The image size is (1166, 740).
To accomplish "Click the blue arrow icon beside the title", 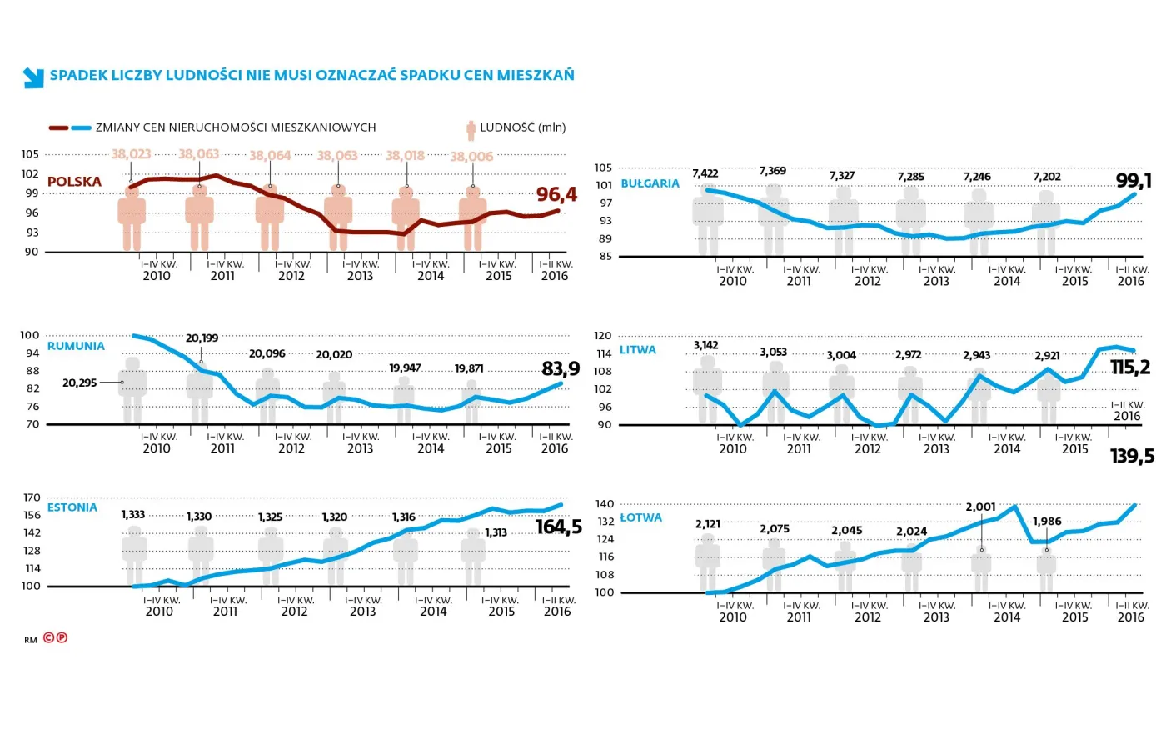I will (33, 77).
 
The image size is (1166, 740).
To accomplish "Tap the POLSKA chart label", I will (74, 182).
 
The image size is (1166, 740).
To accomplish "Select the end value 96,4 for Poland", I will (556, 195).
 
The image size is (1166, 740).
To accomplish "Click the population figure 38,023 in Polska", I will (131, 154).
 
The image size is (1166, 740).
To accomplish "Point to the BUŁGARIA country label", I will (650, 183).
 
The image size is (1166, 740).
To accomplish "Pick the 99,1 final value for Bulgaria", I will (1134, 181).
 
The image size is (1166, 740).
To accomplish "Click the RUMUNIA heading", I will (76, 346).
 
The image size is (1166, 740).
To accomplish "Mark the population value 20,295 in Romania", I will (80, 382).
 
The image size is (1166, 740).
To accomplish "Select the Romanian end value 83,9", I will (561, 368).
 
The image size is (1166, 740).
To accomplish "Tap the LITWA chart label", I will (637, 350).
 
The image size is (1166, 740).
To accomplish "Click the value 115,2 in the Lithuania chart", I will (1130, 367).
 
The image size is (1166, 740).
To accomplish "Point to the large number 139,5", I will (1132, 456).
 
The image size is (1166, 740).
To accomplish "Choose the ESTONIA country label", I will (72, 507).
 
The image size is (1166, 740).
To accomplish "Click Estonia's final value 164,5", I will (558, 527).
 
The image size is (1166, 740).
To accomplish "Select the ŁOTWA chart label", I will (640, 517).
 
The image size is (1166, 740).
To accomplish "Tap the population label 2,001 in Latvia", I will (980, 507).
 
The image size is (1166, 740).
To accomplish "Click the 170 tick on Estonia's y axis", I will (32, 497).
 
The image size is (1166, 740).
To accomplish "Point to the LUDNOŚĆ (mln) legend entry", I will (522, 127).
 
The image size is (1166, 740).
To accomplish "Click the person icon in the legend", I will (471, 129).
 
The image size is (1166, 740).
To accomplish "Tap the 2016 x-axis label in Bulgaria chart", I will (1130, 282).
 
